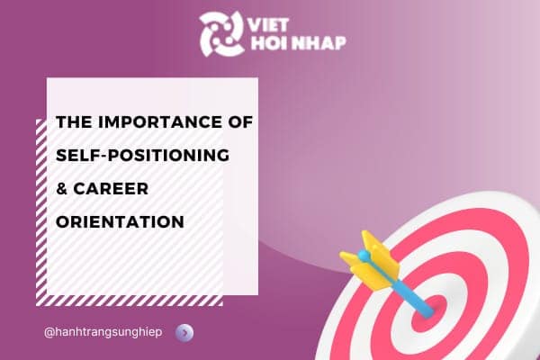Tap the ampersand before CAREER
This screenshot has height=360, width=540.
(62, 188)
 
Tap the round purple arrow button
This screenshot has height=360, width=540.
(185, 332)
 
